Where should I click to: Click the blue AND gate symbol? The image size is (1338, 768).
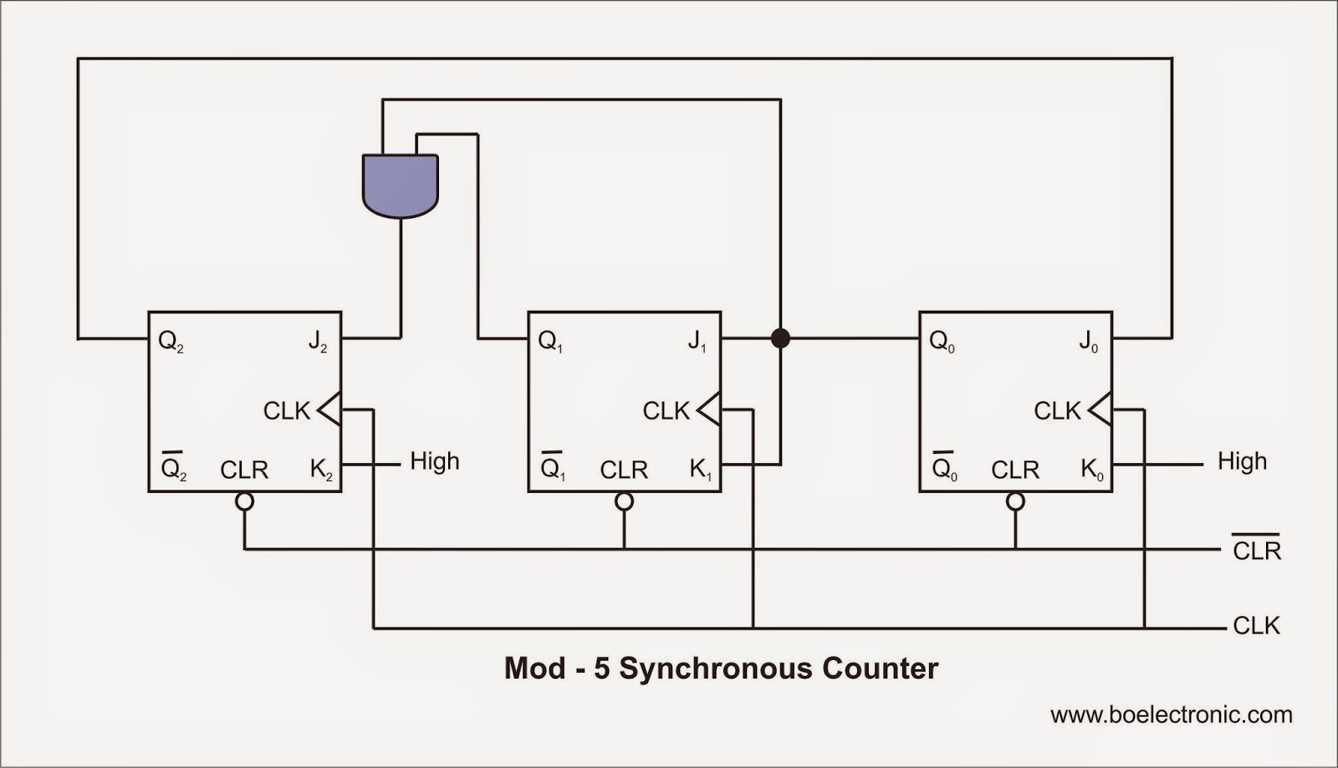401,186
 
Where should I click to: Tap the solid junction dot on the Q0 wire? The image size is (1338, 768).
780,338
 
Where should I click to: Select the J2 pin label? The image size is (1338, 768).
317,342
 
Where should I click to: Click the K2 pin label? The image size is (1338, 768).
321,470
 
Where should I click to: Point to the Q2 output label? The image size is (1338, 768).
171,342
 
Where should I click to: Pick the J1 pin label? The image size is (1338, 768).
697,342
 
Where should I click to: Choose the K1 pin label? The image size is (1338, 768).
701,470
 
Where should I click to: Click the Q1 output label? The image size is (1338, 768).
550,342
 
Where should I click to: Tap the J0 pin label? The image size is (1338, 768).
1088,342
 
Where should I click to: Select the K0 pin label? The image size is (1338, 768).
1092,470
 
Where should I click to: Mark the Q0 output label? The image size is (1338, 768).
942,342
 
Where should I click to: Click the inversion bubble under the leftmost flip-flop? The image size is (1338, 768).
244,501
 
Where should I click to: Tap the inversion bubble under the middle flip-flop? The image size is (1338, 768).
624,501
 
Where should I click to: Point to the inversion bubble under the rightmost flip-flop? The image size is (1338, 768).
1015,501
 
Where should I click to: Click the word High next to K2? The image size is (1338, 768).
435,461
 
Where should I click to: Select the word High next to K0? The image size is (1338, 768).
1243,461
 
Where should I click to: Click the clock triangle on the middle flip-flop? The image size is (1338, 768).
709,409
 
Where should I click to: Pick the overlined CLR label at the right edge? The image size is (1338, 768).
1257,548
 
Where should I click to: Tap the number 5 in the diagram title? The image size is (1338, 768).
601,669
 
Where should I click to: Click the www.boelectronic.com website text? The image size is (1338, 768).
1172,715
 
